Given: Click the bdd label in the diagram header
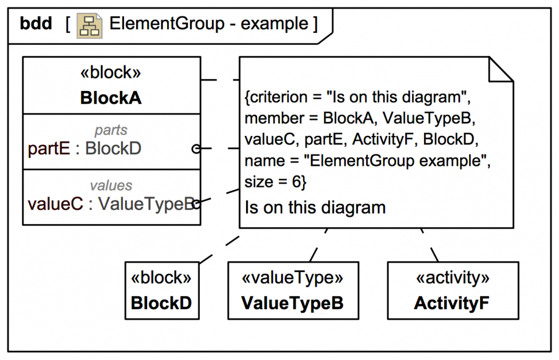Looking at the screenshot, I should tap(36, 24).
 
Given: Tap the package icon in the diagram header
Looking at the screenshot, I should tap(89, 25).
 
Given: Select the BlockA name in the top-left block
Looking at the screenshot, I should tap(111, 98).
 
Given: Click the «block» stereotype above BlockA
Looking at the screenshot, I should tap(111, 73).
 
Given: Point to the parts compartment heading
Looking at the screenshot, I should tap(111, 131).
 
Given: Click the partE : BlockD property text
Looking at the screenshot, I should tap(85, 148).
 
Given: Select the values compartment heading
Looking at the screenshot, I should tap(111, 185).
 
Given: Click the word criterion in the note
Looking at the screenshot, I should tap(276, 98).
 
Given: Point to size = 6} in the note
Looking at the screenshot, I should tap(275, 181).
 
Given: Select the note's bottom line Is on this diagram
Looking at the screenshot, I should tap(315, 208).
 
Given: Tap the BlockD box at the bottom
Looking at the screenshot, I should tap(162, 290).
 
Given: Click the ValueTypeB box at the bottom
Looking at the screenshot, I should tap(293, 290).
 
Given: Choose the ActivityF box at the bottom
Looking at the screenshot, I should tap(453, 290).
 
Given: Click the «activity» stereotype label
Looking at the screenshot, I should tap(453, 278).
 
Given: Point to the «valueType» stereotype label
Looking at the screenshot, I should tap(293, 278).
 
